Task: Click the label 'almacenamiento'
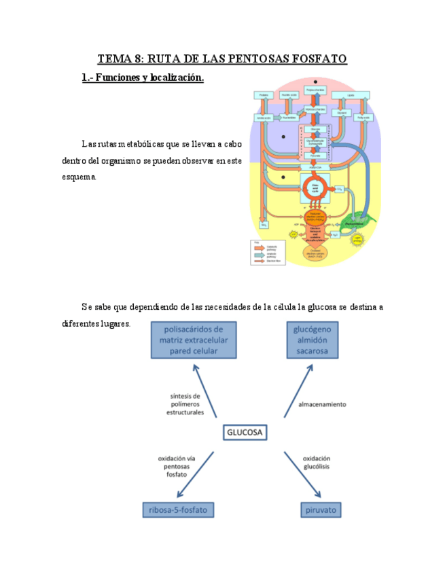point(322,404)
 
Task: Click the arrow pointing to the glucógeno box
point(298,390)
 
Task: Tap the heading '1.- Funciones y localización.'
point(142,78)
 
